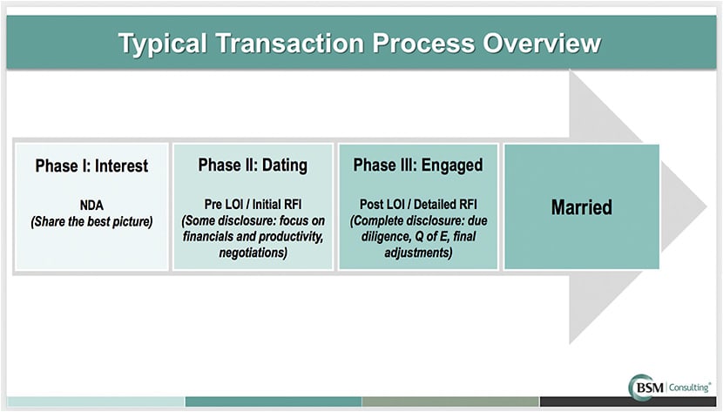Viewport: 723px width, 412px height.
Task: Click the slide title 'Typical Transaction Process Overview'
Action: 360,43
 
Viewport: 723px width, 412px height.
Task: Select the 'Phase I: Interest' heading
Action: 91,165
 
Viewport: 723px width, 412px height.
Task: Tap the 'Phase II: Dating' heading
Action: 253,165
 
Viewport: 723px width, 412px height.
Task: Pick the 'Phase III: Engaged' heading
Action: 417,165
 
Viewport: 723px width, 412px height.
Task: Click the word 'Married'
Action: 581,207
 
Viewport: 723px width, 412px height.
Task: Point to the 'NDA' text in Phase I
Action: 91,206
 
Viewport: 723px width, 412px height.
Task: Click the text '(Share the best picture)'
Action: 91,221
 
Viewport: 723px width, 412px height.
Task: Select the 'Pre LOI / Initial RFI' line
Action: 253,205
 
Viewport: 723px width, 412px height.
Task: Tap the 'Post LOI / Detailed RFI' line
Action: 417,205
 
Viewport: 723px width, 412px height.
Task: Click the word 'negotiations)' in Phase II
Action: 253,253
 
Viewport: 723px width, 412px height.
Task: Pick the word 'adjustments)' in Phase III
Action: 417,253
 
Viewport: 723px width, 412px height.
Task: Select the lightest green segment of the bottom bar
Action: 96,402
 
